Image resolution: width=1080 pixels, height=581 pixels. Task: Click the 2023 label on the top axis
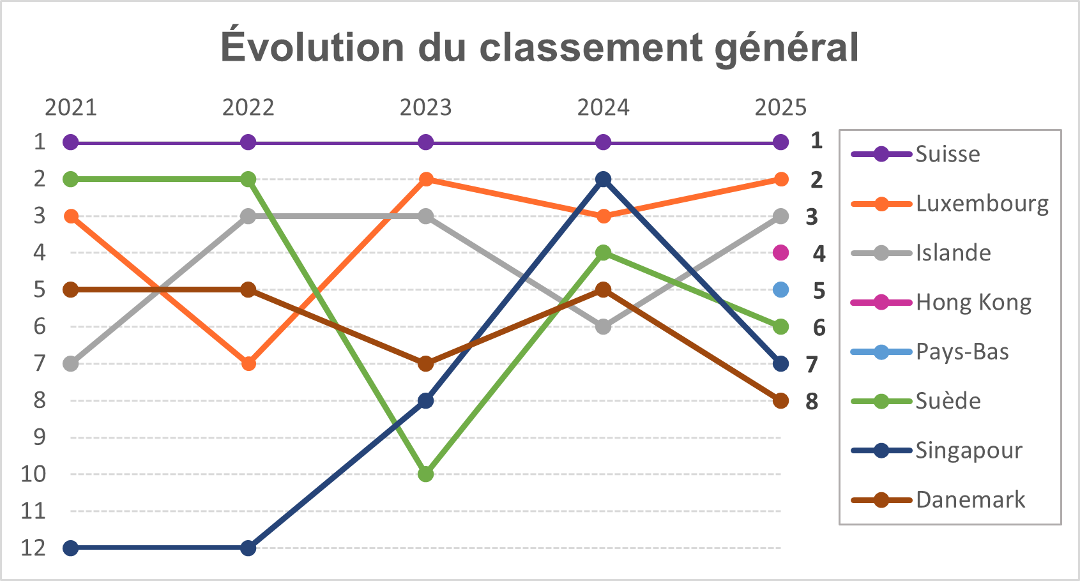pyautogui.click(x=425, y=107)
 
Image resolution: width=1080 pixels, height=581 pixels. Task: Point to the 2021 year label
pyautogui.click(x=70, y=107)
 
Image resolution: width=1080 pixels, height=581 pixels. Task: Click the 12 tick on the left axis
pyautogui.click(x=33, y=548)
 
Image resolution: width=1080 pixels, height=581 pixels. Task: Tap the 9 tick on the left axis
pyautogui.click(x=40, y=437)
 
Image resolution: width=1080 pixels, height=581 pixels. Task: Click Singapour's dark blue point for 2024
pyautogui.click(x=603, y=179)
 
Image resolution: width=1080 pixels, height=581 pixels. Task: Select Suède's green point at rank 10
pyautogui.click(x=426, y=474)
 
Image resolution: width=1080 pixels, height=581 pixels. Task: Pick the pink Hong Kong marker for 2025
pyautogui.click(x=780, y=253)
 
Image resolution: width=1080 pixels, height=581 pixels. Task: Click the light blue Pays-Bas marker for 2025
pyautogui.click(x=780, y=290)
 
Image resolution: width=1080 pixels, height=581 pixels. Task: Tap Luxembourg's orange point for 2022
pyautogui.click(x=248, y=364)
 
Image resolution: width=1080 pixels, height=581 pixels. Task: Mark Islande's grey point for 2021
pyautogui.click(x=71, y=364)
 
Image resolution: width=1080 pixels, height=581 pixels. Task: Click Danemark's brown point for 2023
pyautogui.click(x=426, y=364)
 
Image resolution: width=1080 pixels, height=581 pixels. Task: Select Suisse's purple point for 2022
pyautogui.click(x=248, y=142)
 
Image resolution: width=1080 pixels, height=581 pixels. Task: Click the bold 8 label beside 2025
pyautogui.click(x=812, y=402)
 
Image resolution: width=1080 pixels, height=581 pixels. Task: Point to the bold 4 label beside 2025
pyautogui.click(x=819, y=254)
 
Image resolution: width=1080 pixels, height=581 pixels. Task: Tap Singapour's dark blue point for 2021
pyautogui.click(x=71, y=548)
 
